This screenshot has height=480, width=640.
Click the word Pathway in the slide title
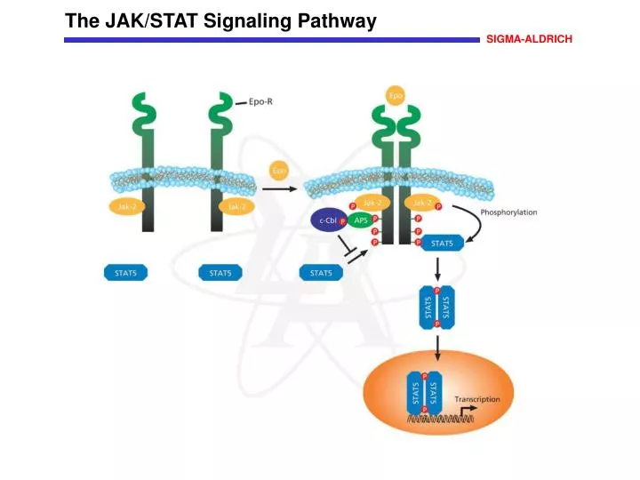332,21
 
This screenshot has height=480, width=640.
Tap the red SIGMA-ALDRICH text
529,40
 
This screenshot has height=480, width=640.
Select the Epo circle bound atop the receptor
396,94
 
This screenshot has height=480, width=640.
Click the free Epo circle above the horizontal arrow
280,169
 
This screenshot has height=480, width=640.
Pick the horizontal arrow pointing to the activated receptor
281,188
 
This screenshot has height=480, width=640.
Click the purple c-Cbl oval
326,220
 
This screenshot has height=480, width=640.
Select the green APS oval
362,220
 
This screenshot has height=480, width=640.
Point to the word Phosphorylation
508,213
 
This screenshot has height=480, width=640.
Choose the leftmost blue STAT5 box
126,273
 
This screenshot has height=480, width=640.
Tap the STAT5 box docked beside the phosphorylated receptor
442,243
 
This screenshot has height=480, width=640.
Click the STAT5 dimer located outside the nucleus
436,308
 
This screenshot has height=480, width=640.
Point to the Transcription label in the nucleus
476,399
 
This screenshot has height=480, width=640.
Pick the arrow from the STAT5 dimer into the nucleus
436,349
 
